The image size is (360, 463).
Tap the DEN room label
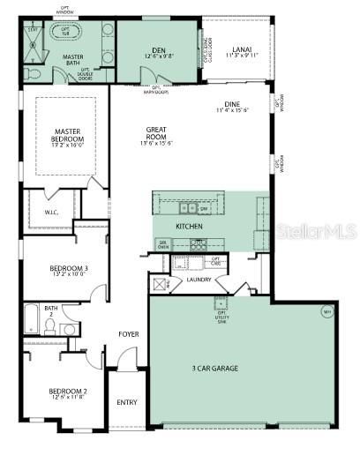coord(159,50)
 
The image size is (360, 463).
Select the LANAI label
coord(241,50)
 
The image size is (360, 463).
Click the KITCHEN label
coord(189,227)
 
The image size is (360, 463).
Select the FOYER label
coord(130,334)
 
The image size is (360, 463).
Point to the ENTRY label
coord(127,403)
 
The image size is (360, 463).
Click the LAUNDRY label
coord(199,280)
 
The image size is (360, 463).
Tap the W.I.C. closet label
coord(51,212)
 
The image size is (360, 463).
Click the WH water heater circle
coord(326,311)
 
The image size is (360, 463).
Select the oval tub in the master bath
coord(64,31)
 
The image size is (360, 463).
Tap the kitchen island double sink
coord(189,208)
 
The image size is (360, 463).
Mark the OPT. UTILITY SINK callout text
coord(221,307)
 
